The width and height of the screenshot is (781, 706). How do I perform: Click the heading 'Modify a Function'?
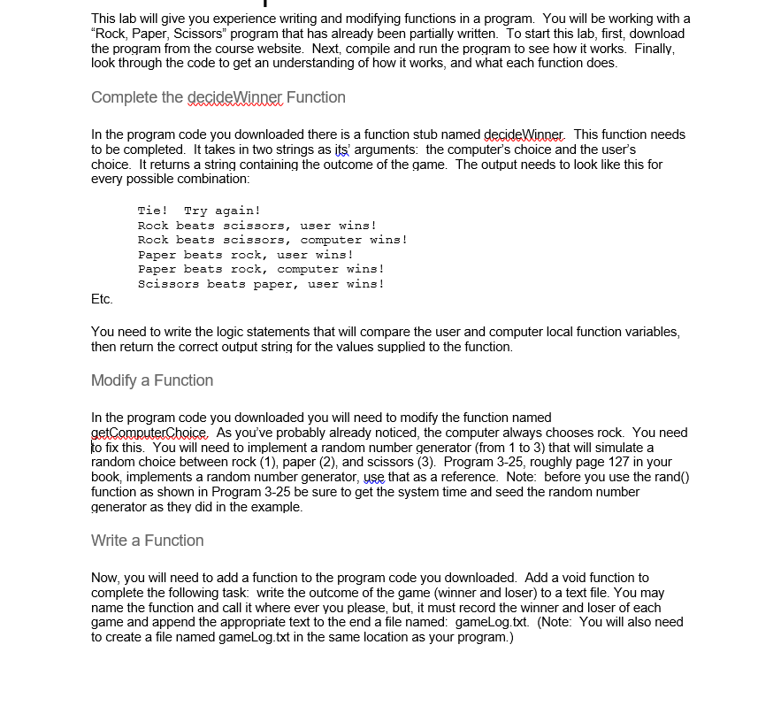tap(152, 380)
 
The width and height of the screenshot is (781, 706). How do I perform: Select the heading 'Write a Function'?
tap(148, 541)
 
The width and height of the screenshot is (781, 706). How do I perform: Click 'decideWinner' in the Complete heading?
tap(235, 97)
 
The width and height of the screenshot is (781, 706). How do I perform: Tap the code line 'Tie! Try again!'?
tap(199, 211)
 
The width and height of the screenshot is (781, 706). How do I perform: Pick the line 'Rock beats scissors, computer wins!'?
tap(272, 240)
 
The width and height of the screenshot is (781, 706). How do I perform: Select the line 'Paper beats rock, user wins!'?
tap(246, 255)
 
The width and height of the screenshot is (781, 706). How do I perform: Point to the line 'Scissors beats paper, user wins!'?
tap(261, 284)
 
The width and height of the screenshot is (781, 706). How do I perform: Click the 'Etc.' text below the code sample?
tap(102, 299)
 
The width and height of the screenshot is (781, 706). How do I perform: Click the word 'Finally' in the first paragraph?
tap(650, 49)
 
